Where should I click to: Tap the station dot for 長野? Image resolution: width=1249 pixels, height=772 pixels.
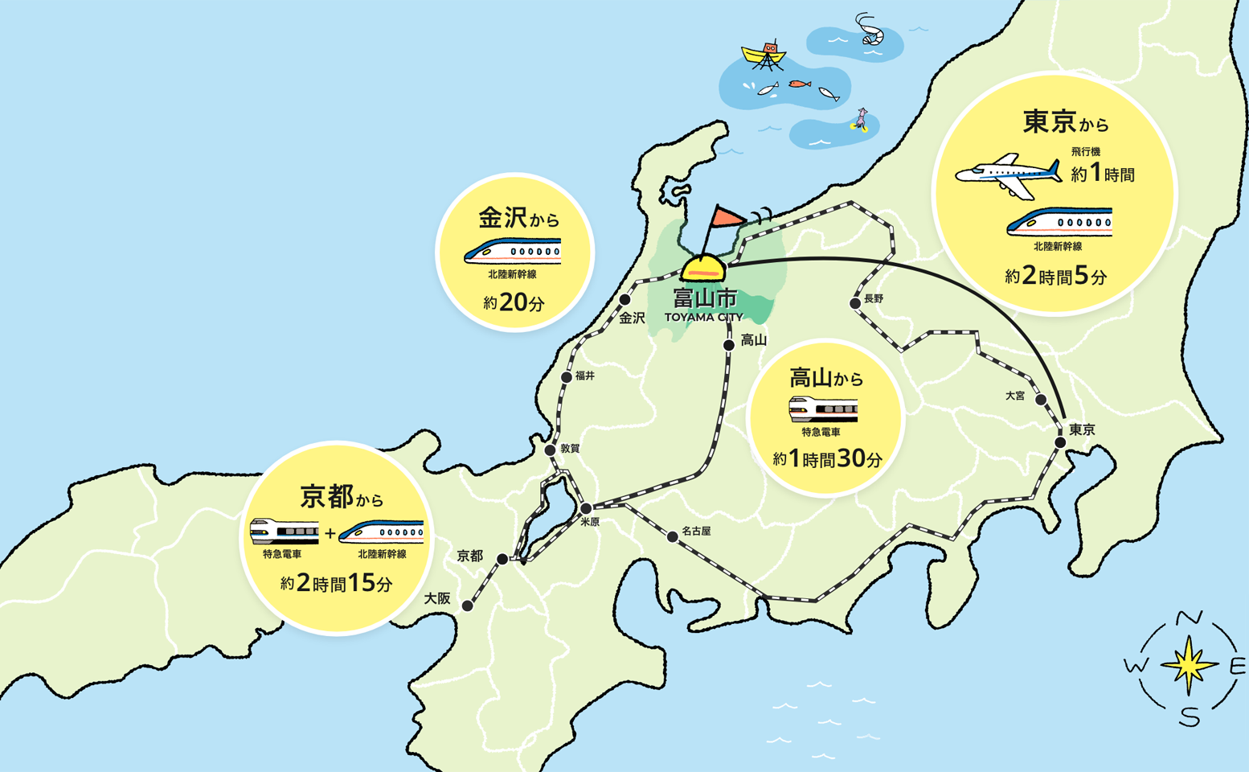click(x=854, y=303)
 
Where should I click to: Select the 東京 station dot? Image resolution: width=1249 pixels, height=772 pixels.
click(x=1060, y=442)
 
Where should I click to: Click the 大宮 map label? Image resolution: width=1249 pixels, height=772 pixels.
click(x=1015, y=396)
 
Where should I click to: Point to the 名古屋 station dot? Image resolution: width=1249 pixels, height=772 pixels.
click(x=672, y=536)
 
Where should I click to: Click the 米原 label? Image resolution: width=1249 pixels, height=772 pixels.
click(x=590, y=522)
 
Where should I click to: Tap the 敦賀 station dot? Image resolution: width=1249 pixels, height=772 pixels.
click(x=550, y=450)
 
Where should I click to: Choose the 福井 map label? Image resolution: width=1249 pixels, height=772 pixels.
click(x=585, y=376)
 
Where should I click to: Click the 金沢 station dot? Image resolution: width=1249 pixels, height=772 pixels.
click(x=624, y=299)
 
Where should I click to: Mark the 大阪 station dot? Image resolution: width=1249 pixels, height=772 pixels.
click(x=467, y=606)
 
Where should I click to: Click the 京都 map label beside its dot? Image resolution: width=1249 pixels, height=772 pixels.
click(x=469, y=556)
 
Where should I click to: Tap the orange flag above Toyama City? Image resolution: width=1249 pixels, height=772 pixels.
click(x=728, y=216)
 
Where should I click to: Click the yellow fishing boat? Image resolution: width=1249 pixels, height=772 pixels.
click(x=764, y=54)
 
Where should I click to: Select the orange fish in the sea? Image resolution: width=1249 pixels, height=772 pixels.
click(x=798, y=84)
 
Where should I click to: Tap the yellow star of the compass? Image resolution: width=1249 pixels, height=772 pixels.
click(x=1189, y=665)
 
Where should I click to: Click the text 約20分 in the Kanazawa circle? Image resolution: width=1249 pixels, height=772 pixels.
click(x=514, y=303)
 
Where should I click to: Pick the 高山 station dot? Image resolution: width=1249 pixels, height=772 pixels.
click(x=728, y=345)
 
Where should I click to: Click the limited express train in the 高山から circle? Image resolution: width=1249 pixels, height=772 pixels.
click(x=823, y=409)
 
